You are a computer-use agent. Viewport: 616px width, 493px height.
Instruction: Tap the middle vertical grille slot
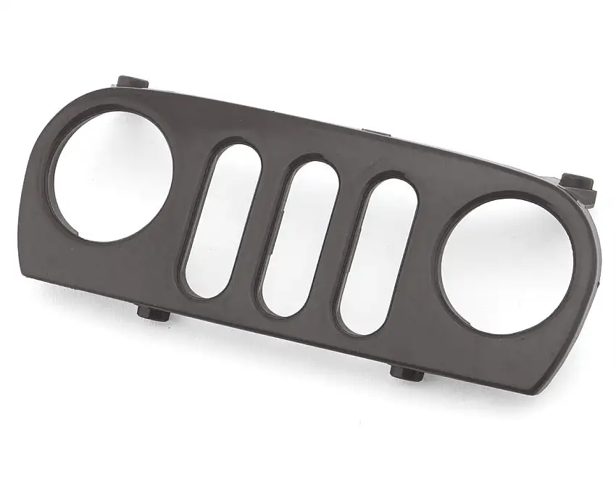299,238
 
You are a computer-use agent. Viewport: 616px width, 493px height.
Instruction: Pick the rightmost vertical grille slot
379,255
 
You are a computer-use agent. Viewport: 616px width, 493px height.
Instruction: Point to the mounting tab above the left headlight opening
132,81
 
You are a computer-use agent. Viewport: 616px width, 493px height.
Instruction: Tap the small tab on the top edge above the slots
377,133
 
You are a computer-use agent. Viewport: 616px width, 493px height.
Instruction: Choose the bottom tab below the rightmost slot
407,372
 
